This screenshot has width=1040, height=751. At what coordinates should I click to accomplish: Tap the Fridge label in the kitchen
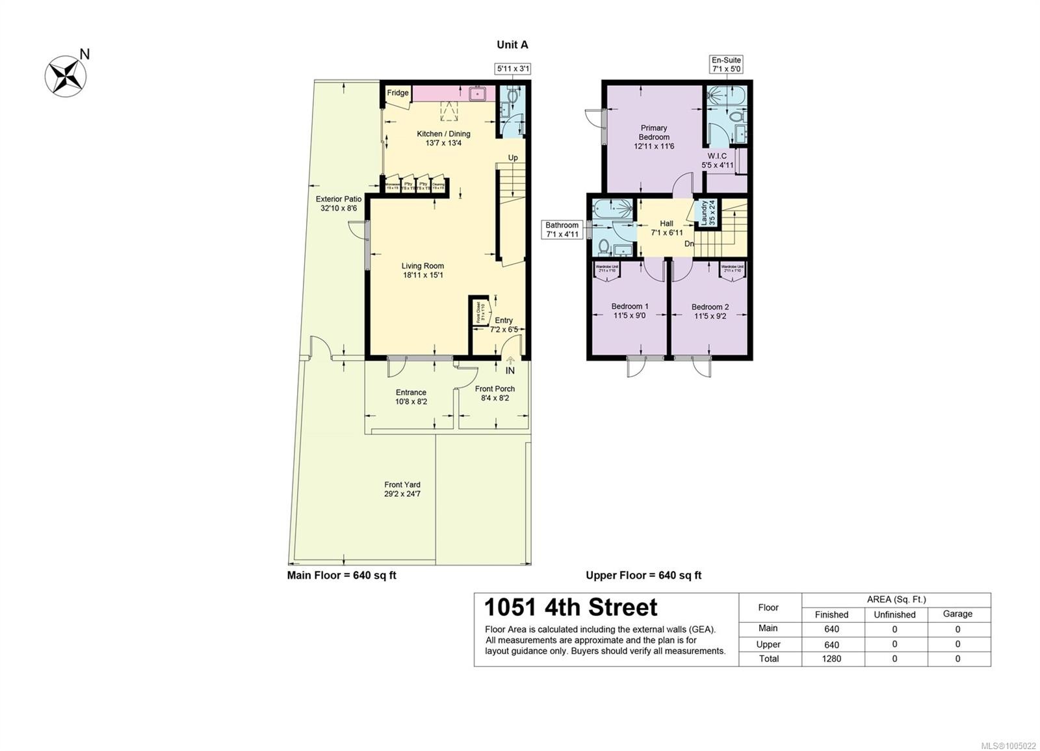click(398, 93)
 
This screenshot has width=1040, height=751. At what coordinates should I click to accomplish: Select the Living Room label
click(422, 266)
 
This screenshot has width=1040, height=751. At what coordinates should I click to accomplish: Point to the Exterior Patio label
click(338, 199)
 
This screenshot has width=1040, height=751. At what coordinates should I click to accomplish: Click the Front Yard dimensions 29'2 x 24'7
click(402, 494)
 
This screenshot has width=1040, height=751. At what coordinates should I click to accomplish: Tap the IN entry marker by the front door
click(510, 371)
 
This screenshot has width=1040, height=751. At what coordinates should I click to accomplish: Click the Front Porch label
click(495, 389)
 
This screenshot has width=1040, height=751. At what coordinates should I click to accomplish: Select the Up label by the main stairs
click(513, 158)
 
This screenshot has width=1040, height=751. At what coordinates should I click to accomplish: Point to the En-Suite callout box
click(726, 64)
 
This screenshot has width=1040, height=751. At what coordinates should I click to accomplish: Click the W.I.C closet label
click(718, 156)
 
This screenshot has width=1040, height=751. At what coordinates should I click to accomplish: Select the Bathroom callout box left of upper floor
click(562, 230)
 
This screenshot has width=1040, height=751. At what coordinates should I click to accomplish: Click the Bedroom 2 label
click(710, 307)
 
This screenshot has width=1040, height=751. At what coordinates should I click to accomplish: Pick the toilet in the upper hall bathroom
click(603, 246)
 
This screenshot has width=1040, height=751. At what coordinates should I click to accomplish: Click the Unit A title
click(512, 45)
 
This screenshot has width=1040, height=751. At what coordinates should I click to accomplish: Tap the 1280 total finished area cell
click(831, 659)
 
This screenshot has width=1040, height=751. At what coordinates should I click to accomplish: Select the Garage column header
click(957, 614)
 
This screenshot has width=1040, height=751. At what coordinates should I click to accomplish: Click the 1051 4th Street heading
click(571, 607)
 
